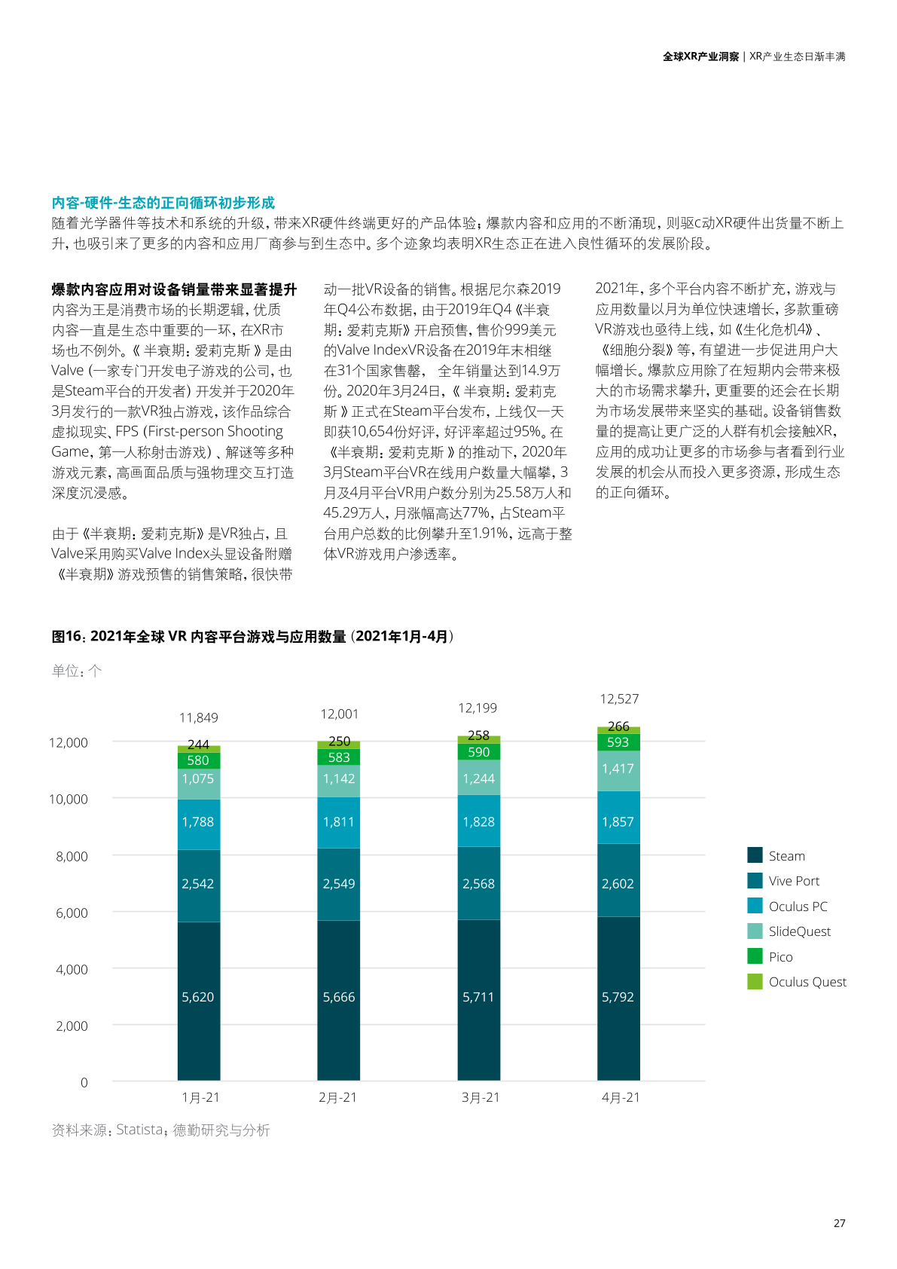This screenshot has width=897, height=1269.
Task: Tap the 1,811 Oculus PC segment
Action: (338, 821)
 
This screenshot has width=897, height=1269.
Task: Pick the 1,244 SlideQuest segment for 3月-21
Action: (478, 778)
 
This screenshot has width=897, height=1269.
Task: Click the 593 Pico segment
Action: (618, 742)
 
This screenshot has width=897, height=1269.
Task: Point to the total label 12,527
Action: (619, 699)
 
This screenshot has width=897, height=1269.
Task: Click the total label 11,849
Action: (199, 717)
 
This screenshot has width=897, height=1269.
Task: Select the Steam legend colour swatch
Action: (755, 855)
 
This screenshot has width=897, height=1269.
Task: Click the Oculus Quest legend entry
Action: (807, 982)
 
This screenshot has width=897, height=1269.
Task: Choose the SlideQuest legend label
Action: (799, 931)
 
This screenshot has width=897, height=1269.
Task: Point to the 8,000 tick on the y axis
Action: (72, 856)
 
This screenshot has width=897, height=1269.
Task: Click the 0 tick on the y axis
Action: (84, 1083)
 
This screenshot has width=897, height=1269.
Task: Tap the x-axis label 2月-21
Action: (338, 1098)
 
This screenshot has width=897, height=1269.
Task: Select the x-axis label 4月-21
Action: (621, 1098)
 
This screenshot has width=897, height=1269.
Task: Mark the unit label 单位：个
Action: (77, 671)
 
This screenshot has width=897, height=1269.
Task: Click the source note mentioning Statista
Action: (160, 1130)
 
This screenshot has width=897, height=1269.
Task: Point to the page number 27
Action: (839, 1223)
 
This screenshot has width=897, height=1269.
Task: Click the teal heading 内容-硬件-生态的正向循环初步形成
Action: (163, 203)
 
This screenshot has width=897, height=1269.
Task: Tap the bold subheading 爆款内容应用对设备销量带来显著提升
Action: (174, 289)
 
